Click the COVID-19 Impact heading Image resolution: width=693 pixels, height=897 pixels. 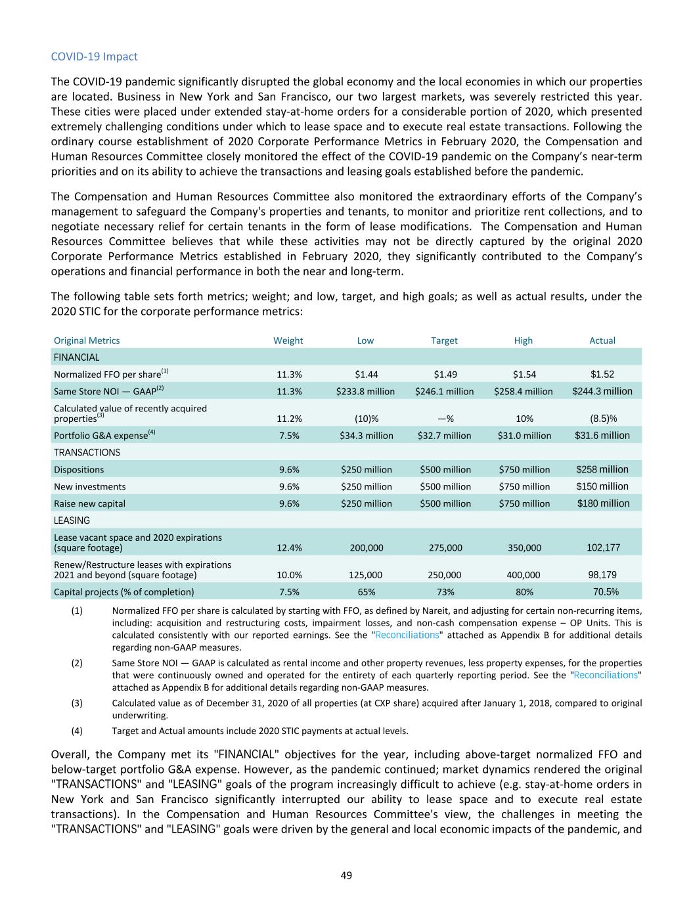(x=94, y=57)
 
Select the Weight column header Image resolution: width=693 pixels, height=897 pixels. (x=288, y=340)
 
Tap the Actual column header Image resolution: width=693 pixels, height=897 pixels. (x=602, y=340)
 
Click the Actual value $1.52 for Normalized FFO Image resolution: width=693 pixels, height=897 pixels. (x=602, y=375)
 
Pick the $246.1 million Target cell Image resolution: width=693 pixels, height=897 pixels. (x=444, y=392)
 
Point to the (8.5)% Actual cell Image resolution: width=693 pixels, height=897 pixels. (x=602, y=419)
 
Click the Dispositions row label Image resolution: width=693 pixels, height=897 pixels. (x=79, y=470)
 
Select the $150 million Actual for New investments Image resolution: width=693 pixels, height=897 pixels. (x=602, y=487)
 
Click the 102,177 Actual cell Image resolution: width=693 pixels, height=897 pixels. (x=603, y=548)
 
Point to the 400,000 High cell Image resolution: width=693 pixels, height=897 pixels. (x=524, y=575)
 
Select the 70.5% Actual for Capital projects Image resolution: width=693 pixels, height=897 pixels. (x=603, y=591)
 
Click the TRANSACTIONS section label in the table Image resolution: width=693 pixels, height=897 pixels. (x=87, y=453)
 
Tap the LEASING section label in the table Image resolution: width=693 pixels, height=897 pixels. (x=72, y=520)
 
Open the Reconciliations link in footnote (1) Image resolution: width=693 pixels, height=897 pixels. (x=407, y=635)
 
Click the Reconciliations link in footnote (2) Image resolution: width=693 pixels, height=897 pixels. (x=605, y=676)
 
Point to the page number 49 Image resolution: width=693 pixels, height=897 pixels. (x=346, y=875)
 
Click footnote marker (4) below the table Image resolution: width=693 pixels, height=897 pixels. (x=77, y=731)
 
